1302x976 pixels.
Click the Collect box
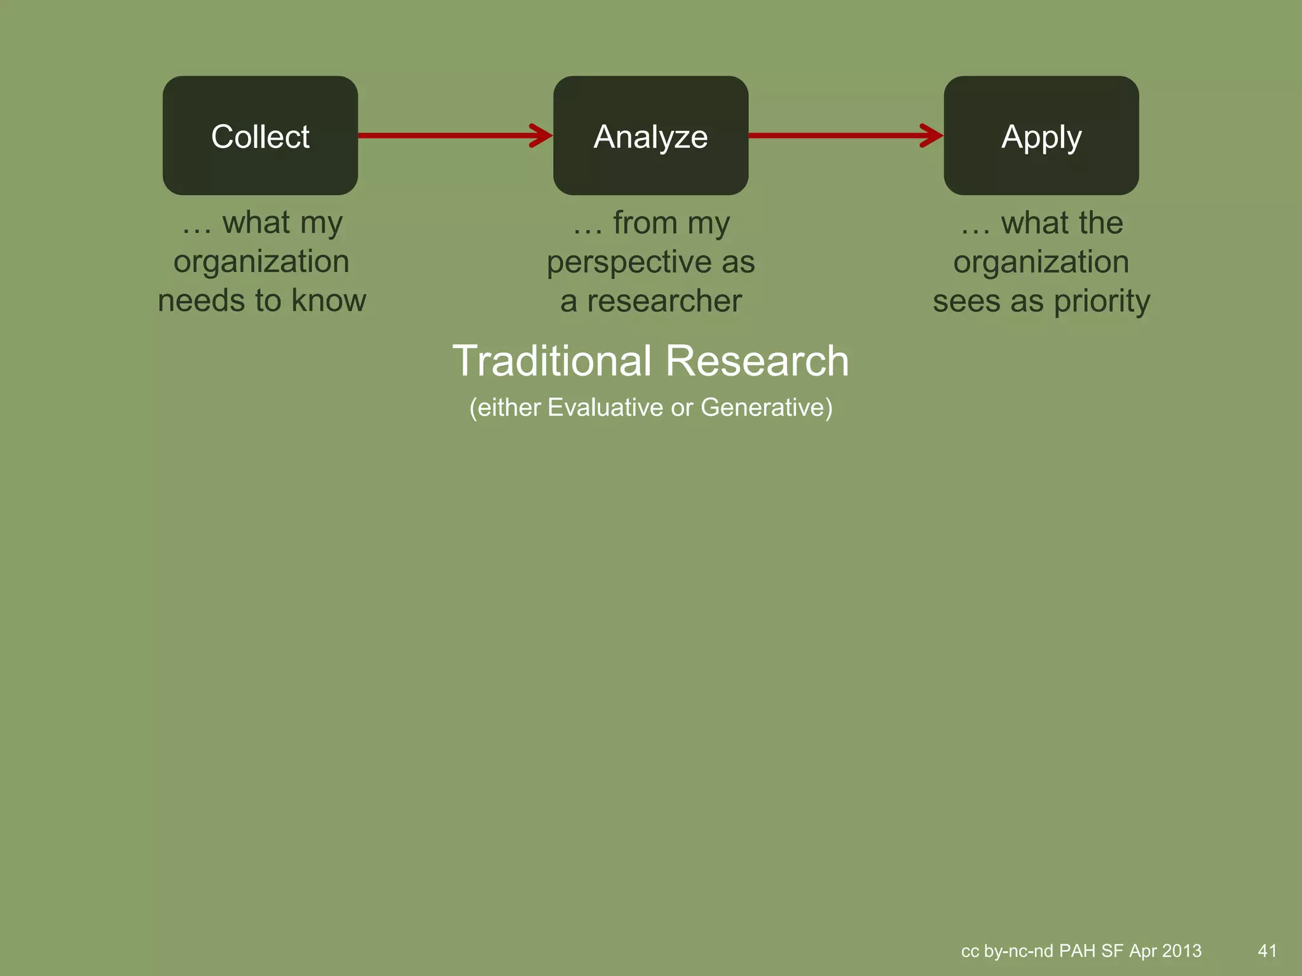pos(260,135)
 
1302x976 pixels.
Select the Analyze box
pos(650,135)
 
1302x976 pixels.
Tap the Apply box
pos(1041,135)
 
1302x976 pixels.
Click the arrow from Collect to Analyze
pos(454,135)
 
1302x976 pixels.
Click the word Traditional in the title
pos(552,361)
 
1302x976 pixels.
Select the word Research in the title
pos(757,361)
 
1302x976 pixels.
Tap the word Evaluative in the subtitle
pos(605,407)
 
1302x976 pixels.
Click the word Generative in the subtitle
pos(766,407)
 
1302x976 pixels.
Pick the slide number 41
pos(1267,951)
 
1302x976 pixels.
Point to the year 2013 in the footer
pos(1181,951)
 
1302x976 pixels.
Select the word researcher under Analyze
pos(664,301)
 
